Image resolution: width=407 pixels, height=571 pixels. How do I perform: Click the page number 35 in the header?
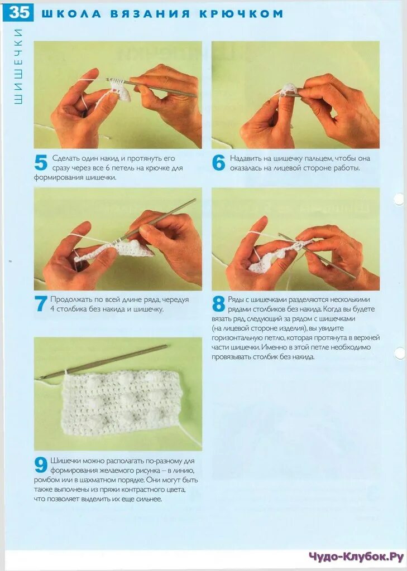18,12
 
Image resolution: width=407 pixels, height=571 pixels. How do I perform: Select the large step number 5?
41,163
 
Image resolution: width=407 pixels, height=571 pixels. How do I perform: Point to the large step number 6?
218,163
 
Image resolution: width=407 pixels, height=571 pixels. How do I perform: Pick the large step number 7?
41,304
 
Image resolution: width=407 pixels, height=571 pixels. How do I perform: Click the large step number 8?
218,304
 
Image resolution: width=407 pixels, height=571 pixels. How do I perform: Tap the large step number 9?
41,465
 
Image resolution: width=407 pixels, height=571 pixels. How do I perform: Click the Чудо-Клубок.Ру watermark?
356,557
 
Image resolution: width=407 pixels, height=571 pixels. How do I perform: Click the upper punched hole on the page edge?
399,199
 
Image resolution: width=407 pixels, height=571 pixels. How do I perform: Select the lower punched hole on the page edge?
400,353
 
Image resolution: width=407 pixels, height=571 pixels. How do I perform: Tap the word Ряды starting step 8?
236,299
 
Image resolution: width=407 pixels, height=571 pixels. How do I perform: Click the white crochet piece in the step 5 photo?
119,91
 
